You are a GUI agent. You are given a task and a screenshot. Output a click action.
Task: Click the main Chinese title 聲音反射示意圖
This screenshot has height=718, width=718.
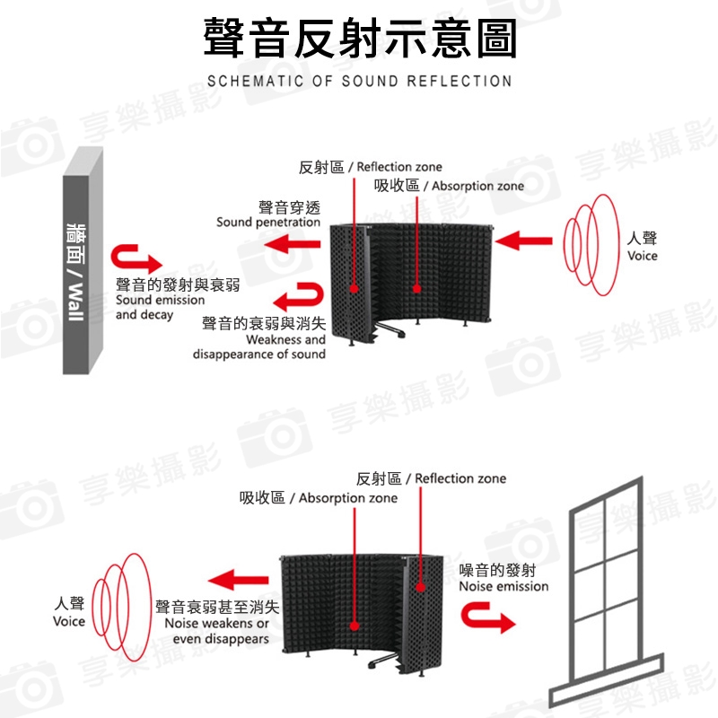[360, 38]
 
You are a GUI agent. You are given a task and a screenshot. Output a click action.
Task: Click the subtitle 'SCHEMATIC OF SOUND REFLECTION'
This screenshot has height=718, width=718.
[360, 81]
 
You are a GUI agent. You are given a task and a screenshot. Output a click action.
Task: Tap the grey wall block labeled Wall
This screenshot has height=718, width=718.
[82, 261]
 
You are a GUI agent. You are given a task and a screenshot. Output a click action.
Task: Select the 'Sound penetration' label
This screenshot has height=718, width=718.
[268, 222]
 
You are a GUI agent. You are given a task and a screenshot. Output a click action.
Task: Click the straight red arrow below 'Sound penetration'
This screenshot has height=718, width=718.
[293, 243]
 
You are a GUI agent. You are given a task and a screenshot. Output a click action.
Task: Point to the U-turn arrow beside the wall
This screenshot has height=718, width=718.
[136, 258]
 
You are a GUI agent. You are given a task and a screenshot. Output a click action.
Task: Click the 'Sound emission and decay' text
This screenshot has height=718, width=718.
[161, 307]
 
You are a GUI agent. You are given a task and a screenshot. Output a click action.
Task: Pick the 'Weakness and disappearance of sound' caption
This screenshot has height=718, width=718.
[259, 346]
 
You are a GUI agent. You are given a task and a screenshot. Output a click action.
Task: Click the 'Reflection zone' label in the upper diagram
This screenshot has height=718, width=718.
[399, 167]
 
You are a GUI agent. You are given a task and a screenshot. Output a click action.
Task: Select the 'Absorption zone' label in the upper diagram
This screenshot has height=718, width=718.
[478, 186]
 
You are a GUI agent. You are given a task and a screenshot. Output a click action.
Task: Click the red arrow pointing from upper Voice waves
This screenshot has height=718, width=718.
[523, 241]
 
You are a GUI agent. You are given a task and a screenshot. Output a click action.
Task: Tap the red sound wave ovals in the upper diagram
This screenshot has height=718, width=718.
[591, 244]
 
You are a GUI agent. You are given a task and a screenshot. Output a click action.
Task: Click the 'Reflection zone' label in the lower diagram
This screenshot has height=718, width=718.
[460, 478]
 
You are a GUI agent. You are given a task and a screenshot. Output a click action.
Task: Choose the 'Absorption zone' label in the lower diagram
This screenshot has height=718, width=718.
[348, 498]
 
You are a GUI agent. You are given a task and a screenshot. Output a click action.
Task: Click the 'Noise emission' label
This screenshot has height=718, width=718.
[503, 586]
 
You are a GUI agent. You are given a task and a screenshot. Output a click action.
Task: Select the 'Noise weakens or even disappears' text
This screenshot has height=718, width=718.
[217, 631]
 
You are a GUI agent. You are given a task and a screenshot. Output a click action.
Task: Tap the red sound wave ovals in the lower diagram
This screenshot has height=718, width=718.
[121, 608]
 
